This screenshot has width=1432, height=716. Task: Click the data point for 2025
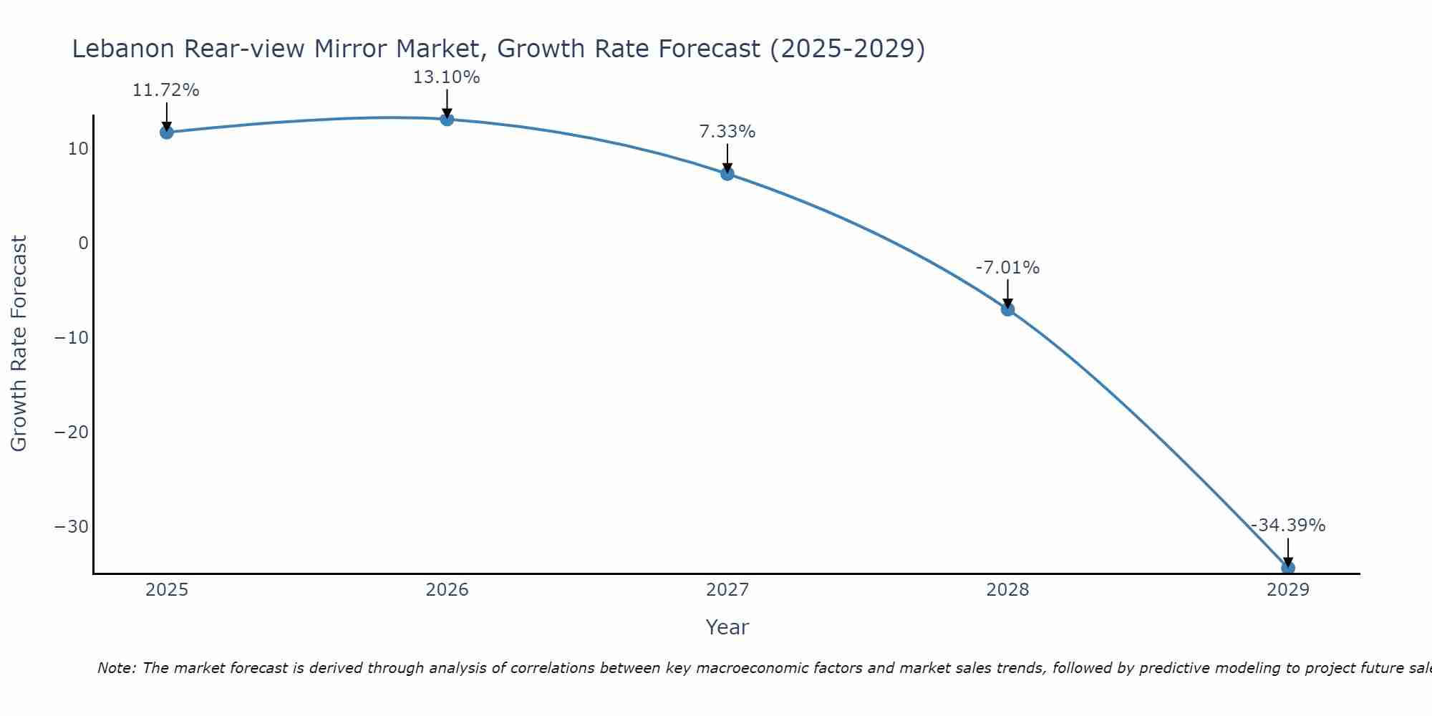167,132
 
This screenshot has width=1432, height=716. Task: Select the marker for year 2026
447,120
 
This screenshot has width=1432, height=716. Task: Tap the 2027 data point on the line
727,173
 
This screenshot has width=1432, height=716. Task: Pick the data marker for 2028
1007,309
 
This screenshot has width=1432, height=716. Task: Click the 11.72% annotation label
166,90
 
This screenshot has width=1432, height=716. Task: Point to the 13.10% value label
446,77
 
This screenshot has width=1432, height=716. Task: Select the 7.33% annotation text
727,132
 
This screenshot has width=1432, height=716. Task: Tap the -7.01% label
1007,268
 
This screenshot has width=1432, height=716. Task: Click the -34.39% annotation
1287,526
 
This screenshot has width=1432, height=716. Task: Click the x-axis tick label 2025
167,590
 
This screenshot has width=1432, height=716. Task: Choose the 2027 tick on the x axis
727,590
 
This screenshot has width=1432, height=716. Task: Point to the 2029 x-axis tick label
1287,590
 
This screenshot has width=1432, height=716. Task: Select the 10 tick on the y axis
78,149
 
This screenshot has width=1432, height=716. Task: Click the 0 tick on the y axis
84,243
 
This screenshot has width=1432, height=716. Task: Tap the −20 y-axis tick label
72,432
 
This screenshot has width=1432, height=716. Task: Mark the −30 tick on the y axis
72,527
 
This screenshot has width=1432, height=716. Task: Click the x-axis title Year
727,627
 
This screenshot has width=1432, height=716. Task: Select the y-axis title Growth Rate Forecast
19,344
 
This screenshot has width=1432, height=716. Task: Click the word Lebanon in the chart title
123,49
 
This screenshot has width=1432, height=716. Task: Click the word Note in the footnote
115,668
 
